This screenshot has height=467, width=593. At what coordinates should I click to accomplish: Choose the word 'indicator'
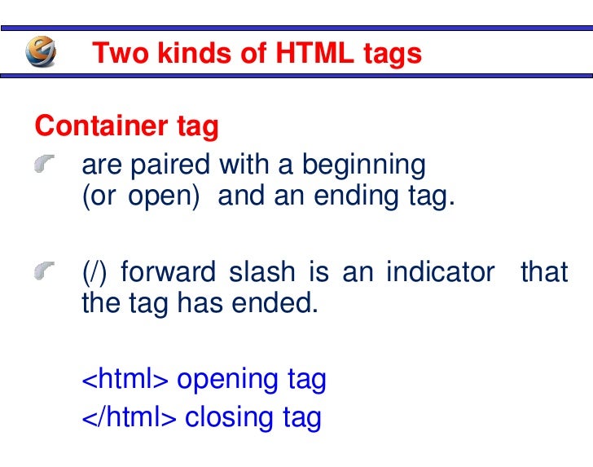pyautogui.click(x=440, y=271)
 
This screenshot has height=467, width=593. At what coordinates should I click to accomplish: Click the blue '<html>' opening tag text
pyautogui.click(x=125, y=379)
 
